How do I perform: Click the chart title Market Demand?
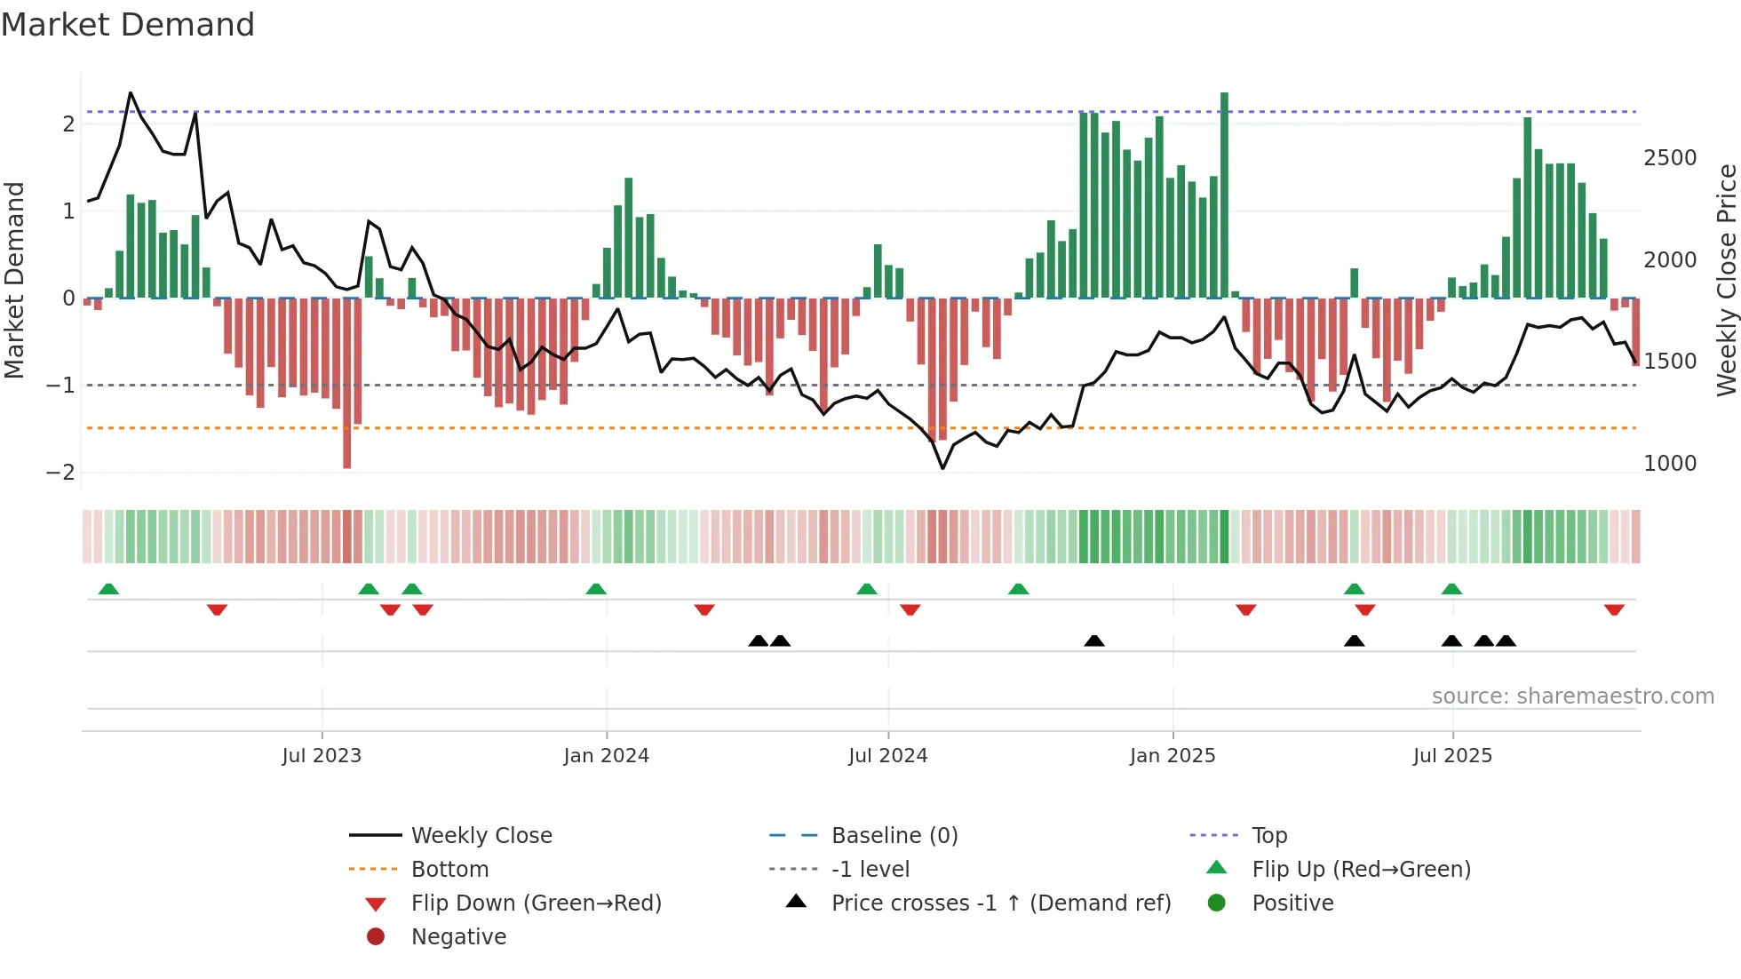[x=128, y=25]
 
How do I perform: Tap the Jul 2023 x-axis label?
[x=322, y=756]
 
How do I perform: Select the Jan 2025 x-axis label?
[x=1173, y=756]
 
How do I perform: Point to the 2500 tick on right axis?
[x=1670, y=158]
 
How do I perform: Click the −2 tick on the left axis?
[x=60, y=473]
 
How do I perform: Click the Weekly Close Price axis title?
[x=1726, y=280]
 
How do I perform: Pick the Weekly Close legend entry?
[x=481, y=836]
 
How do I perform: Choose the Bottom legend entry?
[x=449, y=870]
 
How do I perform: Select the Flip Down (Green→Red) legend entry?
[x=536, y=903]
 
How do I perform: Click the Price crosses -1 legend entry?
[x=1000, y=903]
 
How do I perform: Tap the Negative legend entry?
[x=458, y=937]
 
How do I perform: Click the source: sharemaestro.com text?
[x=1572, y=696]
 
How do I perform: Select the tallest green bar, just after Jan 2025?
[x=1224, y=195]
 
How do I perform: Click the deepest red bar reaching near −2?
[x=346, y=382]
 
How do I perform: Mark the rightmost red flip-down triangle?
[x=1614, y=609]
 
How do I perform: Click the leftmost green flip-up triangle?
[x=108, y=589]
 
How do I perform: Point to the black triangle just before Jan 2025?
[x=1094, y=641]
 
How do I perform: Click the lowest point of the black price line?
[x=942, y=468]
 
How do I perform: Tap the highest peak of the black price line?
[x=131, y=92]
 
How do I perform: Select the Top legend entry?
[x=1268, y=836]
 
